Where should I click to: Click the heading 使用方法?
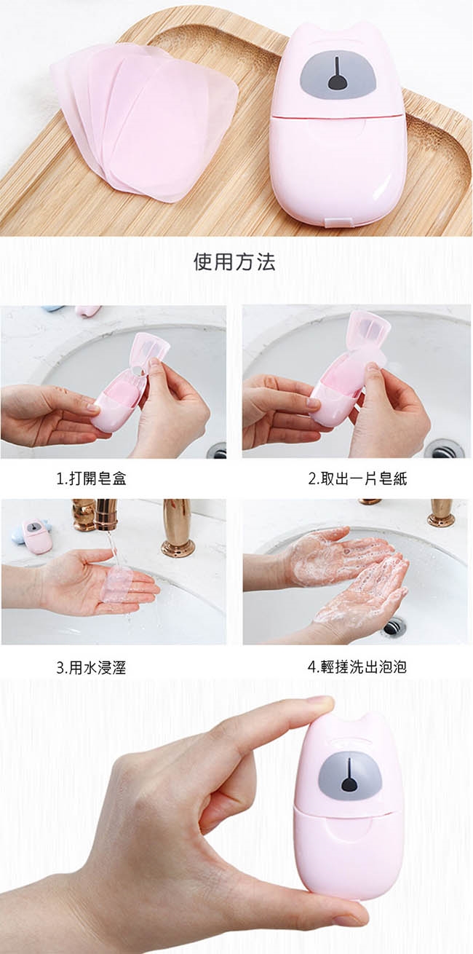(x=234, y=261)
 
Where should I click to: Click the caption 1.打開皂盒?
(x=92, y=478)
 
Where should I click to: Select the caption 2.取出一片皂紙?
(x=357, y=478)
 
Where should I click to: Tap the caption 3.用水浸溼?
(x=91, y=667)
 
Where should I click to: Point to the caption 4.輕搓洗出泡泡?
(x=357, y=666)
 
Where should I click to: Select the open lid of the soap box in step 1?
(x=151, y=350)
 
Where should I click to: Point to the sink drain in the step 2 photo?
(x=443, y=449)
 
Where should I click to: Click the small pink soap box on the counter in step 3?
(x=37, y=536)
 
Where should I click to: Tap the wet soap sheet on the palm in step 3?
(x=118, y=583)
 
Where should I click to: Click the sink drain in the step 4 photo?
(x=394, y=626)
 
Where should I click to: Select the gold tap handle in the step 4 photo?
(x=441, y=513)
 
